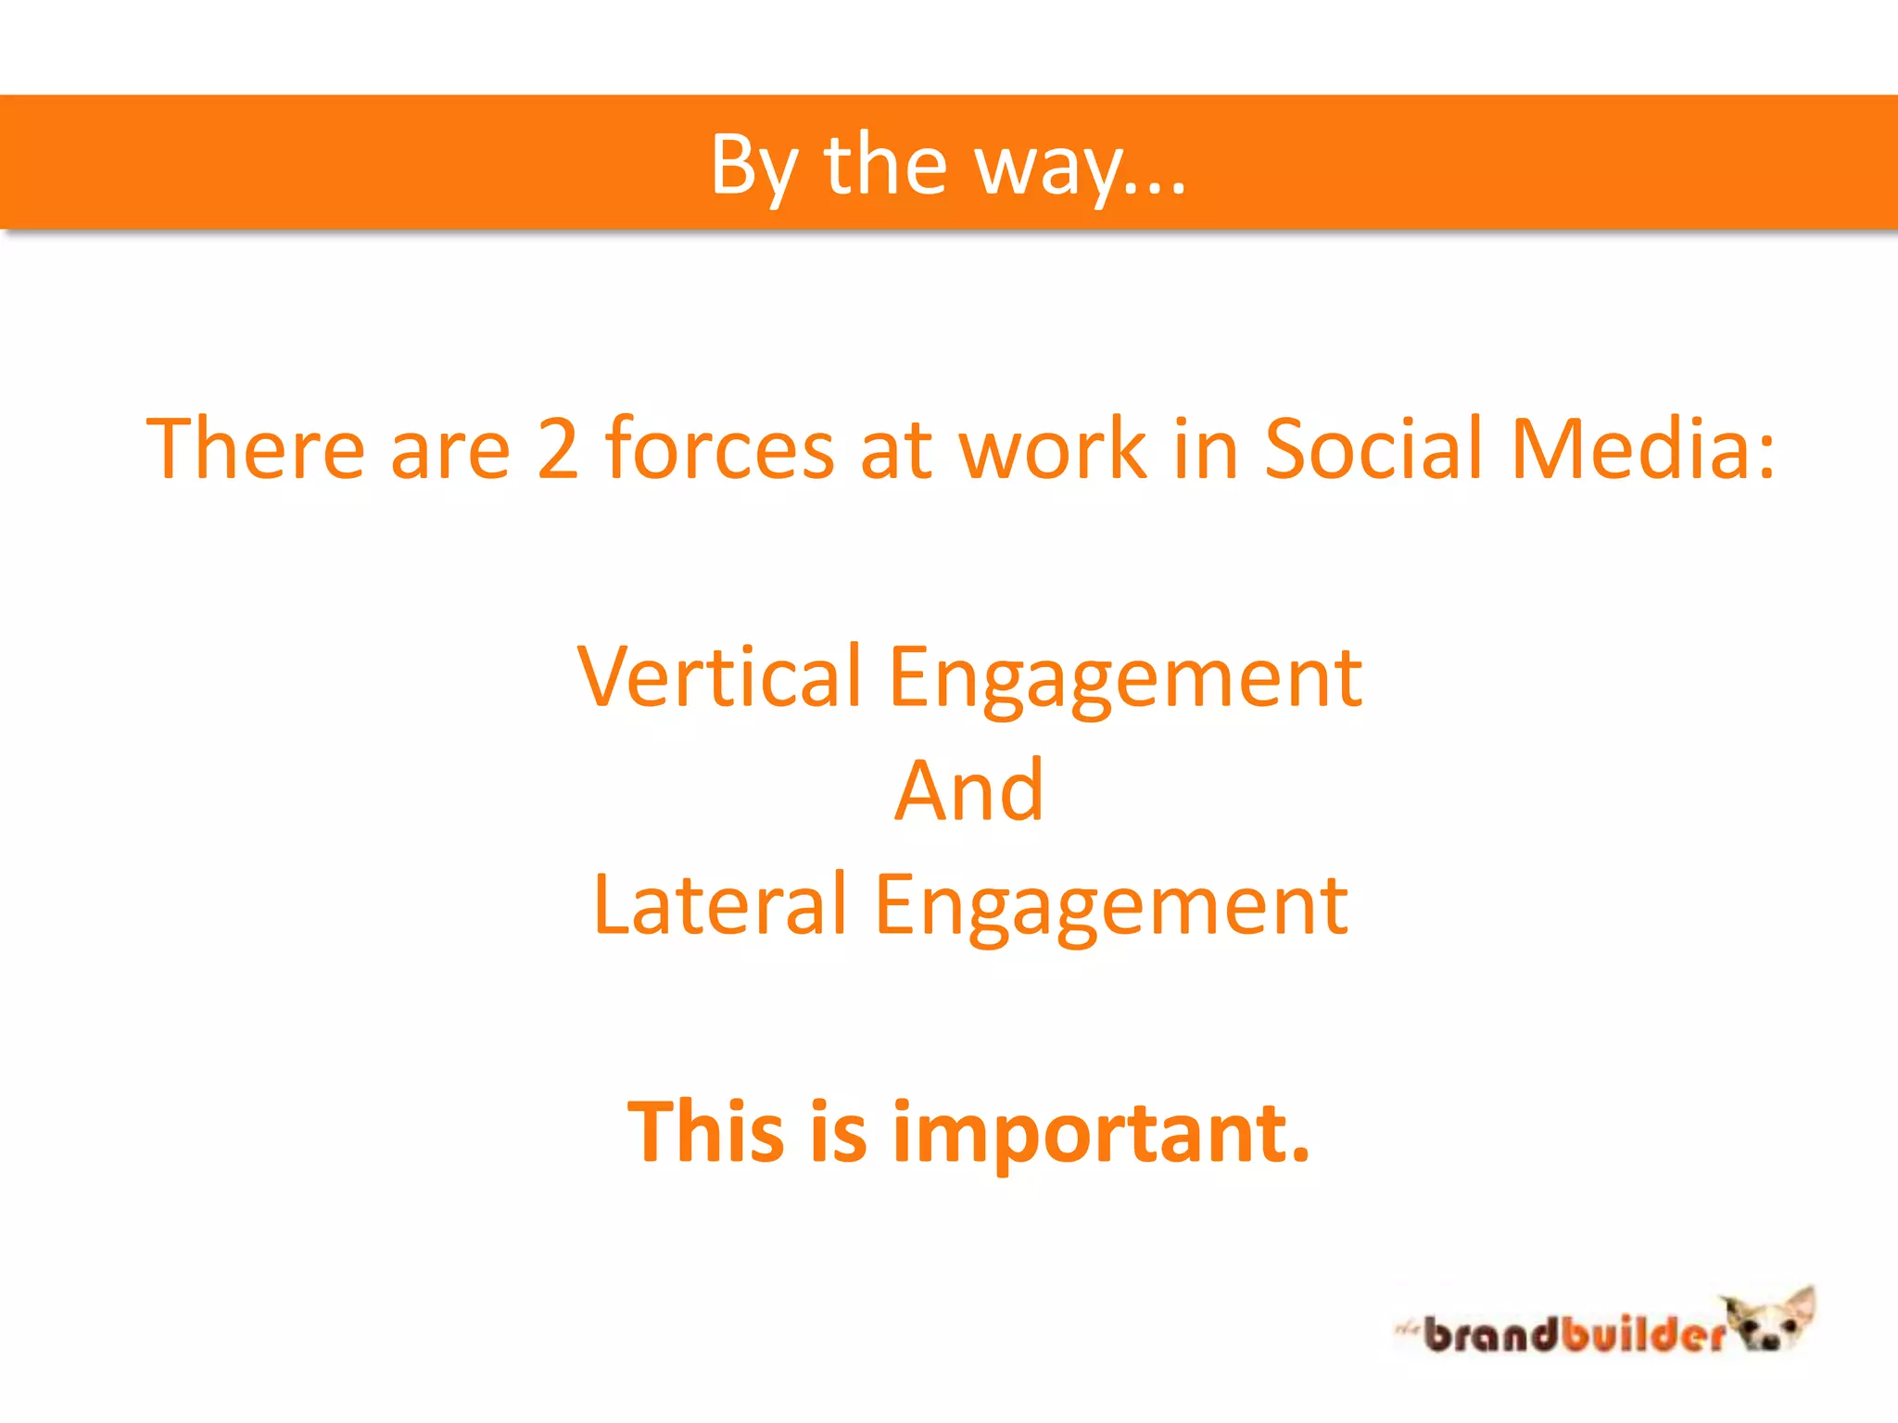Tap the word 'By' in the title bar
click(753, 167)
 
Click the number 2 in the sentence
click(558, 449)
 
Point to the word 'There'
click(255, 449)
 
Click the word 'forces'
click(720, 449)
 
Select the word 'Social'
click(1373, 449)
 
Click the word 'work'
click(1053, 449)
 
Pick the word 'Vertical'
click(719, 676)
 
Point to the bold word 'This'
click(706, 1131)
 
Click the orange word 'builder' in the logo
click(1641, 1335)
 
